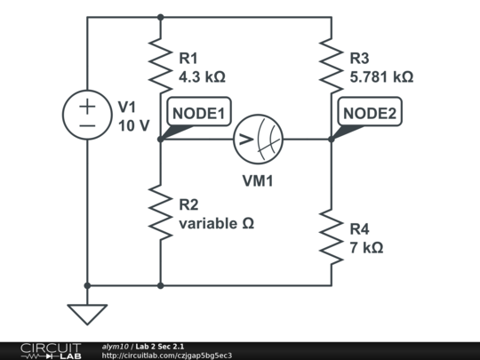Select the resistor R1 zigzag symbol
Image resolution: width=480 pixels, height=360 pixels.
click(x=160, y=66)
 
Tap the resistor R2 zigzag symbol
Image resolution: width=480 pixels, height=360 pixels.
click(x=160, y=212)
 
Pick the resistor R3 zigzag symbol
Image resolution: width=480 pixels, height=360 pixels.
click(x=331, y=66)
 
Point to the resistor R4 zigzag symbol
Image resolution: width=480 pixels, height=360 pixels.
click(x=331, y=236)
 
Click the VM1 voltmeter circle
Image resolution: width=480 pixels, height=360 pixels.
click(x=258, y=139)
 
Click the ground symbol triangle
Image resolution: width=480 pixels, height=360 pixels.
click(x=87, y=314)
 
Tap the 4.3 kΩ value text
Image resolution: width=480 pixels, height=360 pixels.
click(x=202, y=77)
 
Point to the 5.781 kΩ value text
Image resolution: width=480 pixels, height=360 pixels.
click(x=381, y=77)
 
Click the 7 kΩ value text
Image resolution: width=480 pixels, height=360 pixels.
click(x=366, y=247)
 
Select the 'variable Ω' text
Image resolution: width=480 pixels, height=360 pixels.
click(x=217, y=224)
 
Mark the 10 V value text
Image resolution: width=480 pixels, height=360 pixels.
click(x=134, y=125)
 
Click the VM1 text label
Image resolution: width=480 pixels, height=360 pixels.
click(x=258, y=180)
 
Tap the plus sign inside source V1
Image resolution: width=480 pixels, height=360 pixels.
click(x=87, y=106)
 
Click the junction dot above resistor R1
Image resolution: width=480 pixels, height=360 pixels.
click(x=160, y=16)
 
